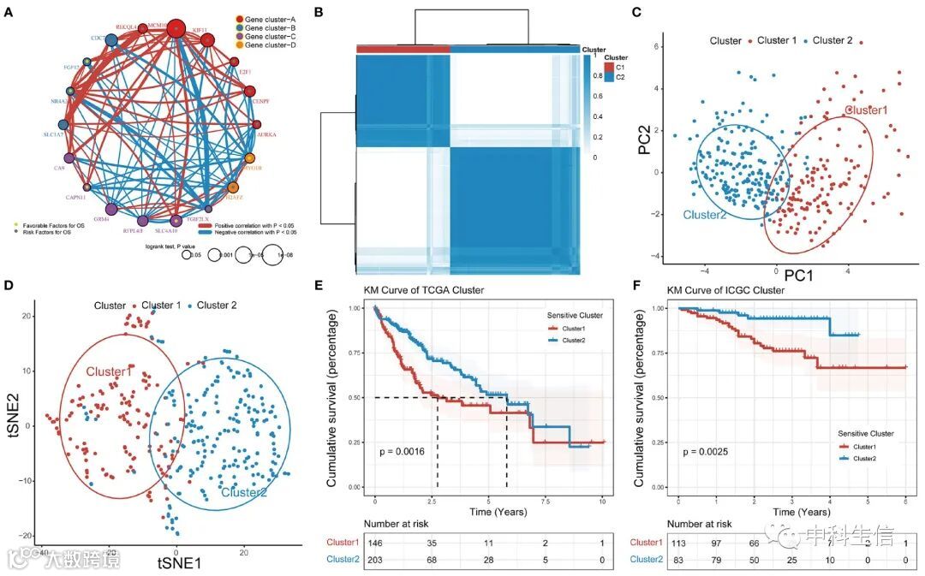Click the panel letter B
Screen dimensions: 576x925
coord(319,12)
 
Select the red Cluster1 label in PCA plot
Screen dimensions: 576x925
coord(868,110)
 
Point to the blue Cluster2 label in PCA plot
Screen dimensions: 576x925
coord(706,215)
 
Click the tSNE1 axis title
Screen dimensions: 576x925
coord(178,562)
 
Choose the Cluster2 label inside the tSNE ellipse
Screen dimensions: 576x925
coord(244,492)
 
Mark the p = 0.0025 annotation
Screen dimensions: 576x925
coord(706,450)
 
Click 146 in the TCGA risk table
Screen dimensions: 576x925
coord(374,542)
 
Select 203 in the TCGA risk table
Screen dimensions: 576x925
coord(374,560)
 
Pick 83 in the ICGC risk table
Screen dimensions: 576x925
coord(677,560)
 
